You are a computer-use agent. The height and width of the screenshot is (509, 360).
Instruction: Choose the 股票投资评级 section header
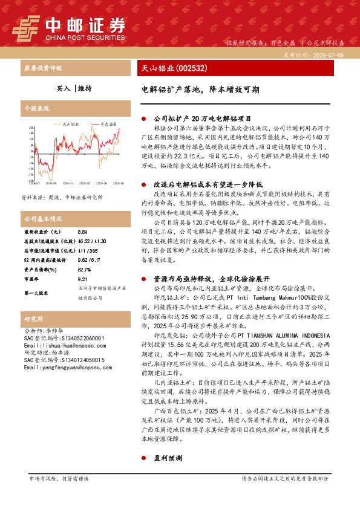click(42, 68)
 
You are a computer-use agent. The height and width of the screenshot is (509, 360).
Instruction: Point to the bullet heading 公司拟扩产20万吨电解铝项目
click(202, 119)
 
